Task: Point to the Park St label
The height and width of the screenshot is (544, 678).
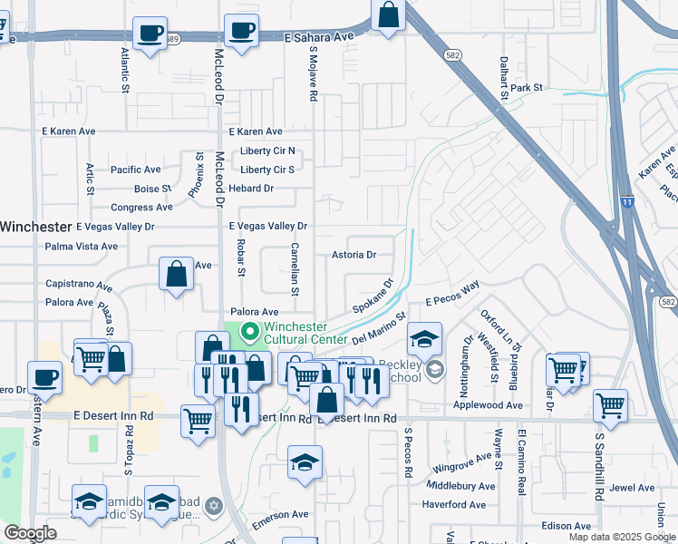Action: click(x=526, y=88)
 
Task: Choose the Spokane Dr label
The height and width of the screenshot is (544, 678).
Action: click(x=373, y=295)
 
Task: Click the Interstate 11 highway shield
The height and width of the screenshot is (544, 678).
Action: click(x=627, y=201)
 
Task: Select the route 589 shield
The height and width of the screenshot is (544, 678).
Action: click(x=172, y=38)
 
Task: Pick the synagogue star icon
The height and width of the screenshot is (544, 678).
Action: click(x=214, y=505)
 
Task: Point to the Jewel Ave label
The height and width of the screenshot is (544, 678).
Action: click(x=632, y=487)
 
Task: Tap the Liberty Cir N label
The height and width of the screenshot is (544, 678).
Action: click(x=267, y=151)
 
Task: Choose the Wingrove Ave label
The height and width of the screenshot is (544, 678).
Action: click(x=460, y=468)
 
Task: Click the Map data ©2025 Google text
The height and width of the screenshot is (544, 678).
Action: click(x=622, y=537)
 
